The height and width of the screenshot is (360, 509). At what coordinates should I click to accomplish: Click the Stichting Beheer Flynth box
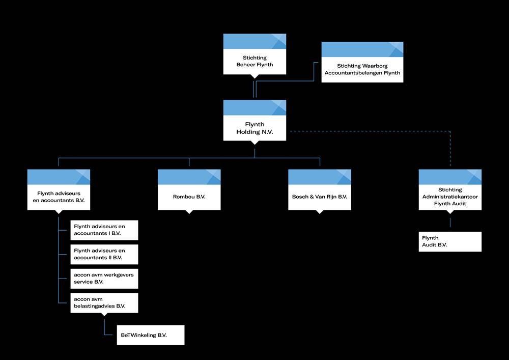pyautogui.click(x=254, y=54)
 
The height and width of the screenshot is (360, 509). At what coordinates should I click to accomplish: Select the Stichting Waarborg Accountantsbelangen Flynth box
pyautogui.click(x=362, y=62)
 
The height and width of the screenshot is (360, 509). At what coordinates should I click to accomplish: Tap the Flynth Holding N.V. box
pyautogui.click(x=254, y=121)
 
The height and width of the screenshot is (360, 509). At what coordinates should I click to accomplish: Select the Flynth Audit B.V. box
pyautogui.click(x=450, y=241)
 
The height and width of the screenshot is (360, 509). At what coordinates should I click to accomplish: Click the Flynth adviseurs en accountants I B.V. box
pyautogui.click(x=104, y=230)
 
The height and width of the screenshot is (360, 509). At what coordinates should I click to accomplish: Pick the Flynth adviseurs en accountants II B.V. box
pyautogui.click(x=104, y=255)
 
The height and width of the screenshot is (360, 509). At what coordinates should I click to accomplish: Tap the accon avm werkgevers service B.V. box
pyautogui.click(x=104, y=279)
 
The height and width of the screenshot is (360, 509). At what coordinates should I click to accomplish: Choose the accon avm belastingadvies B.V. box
pyautogui.click(x=104, y=303)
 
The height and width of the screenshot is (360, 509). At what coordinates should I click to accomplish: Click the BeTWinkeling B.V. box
pyautogui.click(x=151, y=335)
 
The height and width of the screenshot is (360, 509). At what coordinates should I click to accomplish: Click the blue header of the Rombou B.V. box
pyautogui.click(x=189, y=177)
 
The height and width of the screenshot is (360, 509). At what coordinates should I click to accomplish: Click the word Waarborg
pyautogui.click(x=375, y=66)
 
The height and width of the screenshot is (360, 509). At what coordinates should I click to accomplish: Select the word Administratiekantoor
pyautogui.click(x=450, y=197)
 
